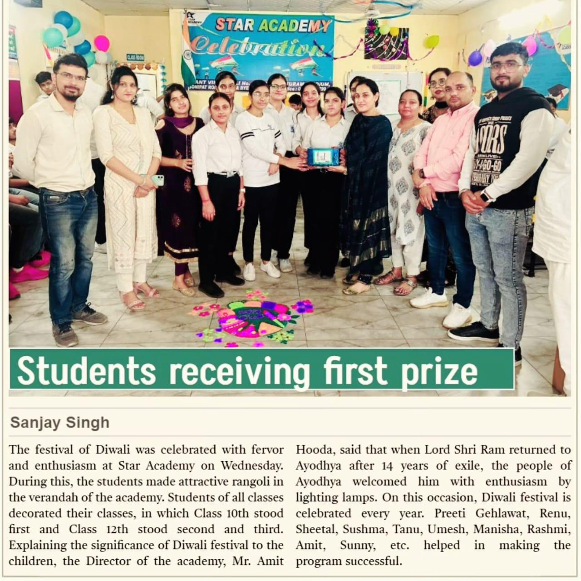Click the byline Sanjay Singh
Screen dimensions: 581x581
tap(60, 423)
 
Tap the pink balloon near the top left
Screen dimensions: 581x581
tap(102, 43)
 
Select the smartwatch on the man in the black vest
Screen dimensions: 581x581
tap(486, 196)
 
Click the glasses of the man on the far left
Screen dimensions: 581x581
tap(71, 76)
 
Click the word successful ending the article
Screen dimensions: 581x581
tap(371, 561)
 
